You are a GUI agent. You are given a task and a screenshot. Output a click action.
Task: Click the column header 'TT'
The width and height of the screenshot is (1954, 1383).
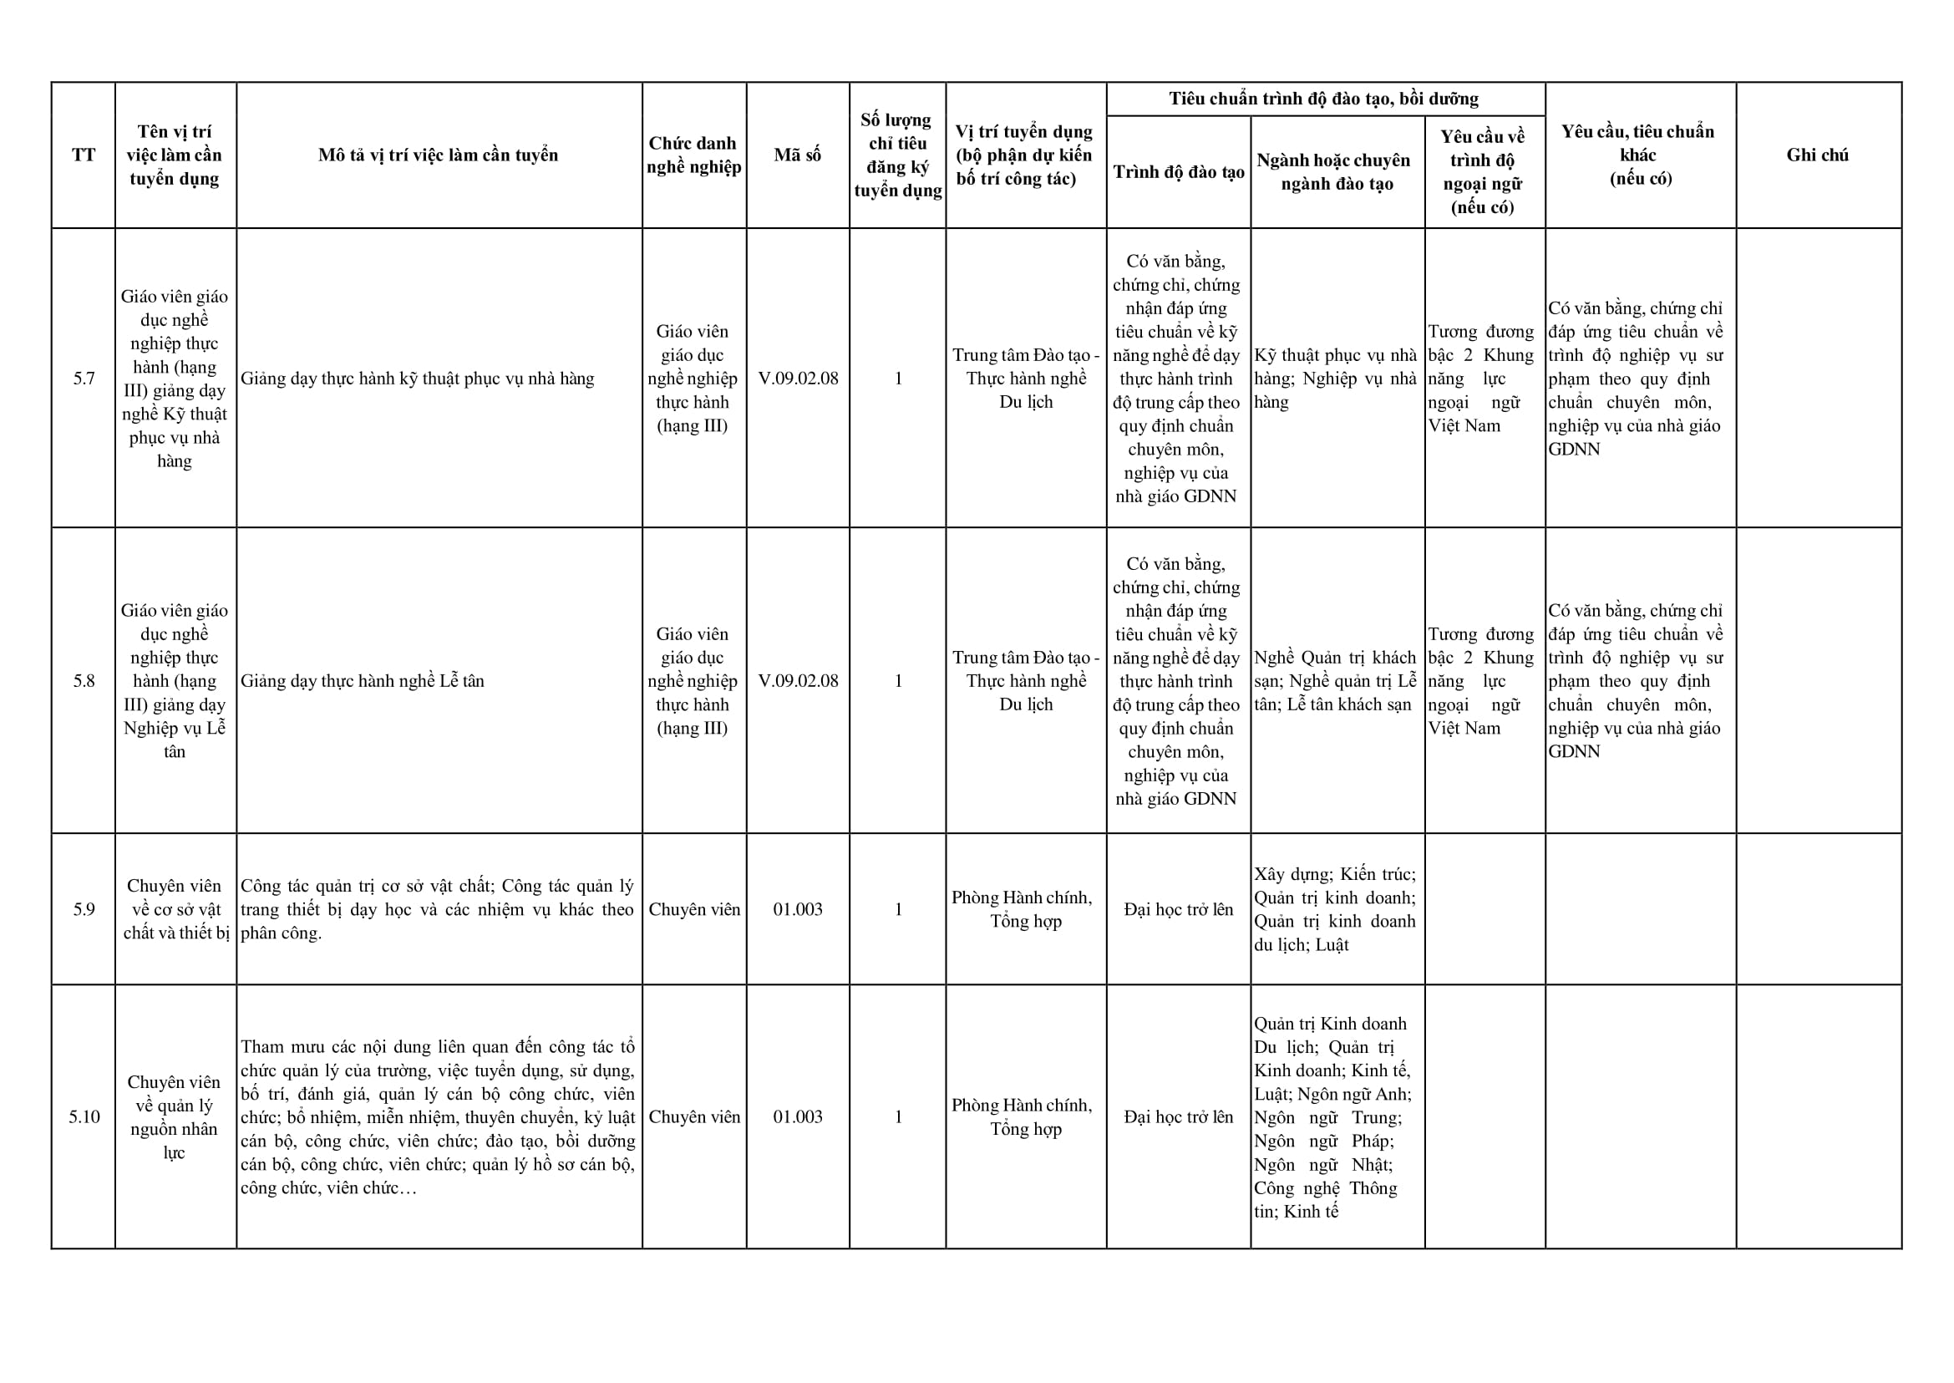(84, 155)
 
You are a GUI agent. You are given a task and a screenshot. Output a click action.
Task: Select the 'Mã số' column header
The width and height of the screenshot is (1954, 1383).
(797, 155)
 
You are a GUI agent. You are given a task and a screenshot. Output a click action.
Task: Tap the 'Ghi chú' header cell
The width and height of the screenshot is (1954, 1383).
(1817, 155)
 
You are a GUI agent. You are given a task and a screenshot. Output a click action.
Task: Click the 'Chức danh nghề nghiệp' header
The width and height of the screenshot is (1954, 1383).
(693, 155)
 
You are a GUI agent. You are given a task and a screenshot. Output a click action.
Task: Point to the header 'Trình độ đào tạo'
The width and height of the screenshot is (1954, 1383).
(1179, 172)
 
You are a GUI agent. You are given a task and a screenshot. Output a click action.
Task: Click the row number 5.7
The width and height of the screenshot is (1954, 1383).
(84, 378)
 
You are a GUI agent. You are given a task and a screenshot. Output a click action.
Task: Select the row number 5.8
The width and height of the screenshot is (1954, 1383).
(84, 680)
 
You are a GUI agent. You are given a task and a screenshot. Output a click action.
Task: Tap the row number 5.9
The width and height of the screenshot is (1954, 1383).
(84, 908)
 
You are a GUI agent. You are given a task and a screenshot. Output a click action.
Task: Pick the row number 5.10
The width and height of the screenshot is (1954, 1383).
(84, 1116)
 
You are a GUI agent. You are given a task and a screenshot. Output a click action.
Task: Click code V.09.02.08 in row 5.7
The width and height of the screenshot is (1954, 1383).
(797, 378)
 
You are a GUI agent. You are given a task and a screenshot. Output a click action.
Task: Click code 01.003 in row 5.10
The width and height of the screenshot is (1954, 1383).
(797, 1116)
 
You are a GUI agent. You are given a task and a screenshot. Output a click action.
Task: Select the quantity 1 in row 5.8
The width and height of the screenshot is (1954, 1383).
(897, 680)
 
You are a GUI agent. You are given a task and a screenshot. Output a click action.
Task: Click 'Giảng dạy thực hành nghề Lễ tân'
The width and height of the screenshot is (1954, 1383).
(362, 680)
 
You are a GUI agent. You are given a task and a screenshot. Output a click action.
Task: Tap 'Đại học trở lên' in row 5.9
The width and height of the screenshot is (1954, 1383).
(1179, 908)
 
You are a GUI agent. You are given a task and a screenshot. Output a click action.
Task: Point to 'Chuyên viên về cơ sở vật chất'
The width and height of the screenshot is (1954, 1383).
(175, 908)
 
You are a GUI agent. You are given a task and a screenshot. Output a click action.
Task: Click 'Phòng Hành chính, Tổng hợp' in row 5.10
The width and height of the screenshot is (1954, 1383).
(1025, 1116)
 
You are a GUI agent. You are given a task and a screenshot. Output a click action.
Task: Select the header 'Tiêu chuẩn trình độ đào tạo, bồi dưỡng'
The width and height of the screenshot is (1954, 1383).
(1324, 99)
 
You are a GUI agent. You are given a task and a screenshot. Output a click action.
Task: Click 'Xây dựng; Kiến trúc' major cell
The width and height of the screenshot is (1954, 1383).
(1334, 908)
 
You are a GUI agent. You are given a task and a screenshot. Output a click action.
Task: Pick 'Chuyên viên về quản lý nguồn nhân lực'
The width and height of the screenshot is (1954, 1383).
(175, 1116)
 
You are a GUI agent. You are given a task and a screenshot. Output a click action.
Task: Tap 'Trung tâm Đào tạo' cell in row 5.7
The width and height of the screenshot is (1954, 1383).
(1025, 378)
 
